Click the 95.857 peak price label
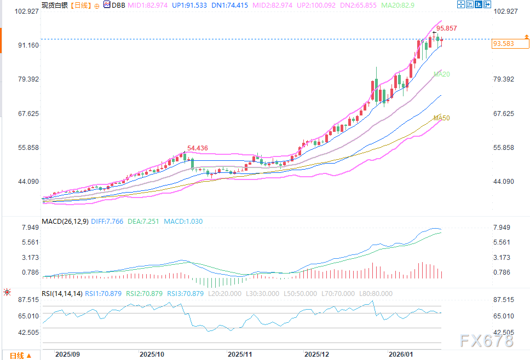[446, 28]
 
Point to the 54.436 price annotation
[198, 148]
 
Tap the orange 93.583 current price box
[503, 43]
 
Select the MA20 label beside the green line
[442, 74]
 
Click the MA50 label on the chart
[442, 118]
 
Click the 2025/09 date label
[68, 355]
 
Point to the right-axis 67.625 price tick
[504, 114]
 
